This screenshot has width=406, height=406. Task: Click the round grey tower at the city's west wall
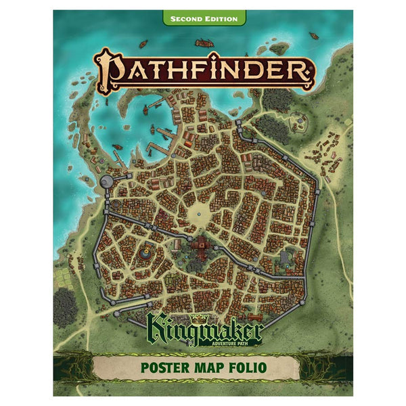(107, 181)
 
